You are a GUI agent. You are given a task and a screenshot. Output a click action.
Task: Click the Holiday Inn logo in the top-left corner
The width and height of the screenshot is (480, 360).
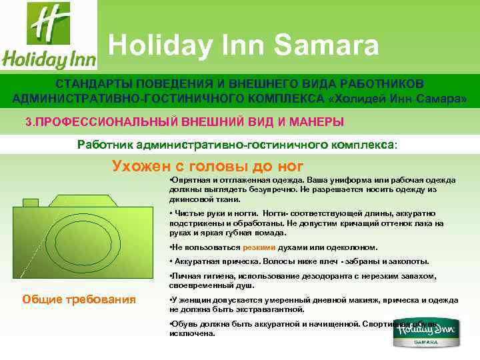tap(49, 35)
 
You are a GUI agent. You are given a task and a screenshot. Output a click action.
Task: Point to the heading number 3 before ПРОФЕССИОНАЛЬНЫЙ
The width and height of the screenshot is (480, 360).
tap(28, 123)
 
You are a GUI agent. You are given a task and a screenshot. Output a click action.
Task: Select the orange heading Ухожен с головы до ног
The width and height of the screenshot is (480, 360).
tap(208, 165)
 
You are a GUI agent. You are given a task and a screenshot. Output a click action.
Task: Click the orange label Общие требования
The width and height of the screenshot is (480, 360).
tap(79, 299)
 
